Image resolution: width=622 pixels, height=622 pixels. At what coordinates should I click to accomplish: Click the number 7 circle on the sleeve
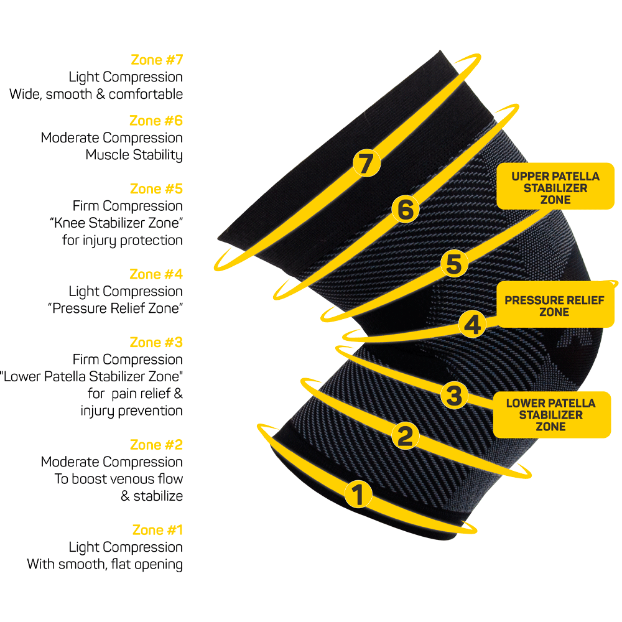point(366,164)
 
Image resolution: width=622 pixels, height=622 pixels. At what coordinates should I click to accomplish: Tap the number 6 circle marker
point(405,210)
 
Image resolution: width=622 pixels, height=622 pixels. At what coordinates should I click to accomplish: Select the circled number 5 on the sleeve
point(454,264)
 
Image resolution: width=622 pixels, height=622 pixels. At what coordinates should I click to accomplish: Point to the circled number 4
point(473,324)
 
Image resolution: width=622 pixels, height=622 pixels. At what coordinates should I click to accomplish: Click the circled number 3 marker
point(454,394)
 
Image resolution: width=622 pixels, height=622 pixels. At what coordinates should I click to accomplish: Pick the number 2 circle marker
point(405,435)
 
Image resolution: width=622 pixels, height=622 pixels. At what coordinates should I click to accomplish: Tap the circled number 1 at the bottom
point(358,494)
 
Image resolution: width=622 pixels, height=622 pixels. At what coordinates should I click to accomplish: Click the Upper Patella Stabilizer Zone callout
point(555,188)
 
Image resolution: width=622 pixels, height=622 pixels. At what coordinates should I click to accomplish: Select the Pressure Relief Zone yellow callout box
point(554,305)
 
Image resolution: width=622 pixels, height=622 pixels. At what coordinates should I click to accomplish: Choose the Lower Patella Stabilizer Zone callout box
point(551,415)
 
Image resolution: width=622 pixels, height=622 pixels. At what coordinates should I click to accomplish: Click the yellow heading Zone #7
point(157,60)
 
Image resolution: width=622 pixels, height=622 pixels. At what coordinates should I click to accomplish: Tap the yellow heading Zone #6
point(156,121)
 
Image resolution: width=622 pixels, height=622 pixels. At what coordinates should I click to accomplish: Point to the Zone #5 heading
point(156,188)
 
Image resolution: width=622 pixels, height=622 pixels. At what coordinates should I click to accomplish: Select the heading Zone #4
point(156,274)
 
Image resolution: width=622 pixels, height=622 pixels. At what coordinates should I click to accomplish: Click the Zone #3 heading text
point(156,343)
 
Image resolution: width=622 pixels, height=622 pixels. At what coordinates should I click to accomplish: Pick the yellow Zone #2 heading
point(156,445)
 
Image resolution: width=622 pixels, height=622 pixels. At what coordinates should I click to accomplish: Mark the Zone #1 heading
point(157,531)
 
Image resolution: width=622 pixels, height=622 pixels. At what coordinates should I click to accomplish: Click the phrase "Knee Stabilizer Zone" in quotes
point(116,223)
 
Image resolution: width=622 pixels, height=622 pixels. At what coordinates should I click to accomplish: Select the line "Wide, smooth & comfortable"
point(96,95)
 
